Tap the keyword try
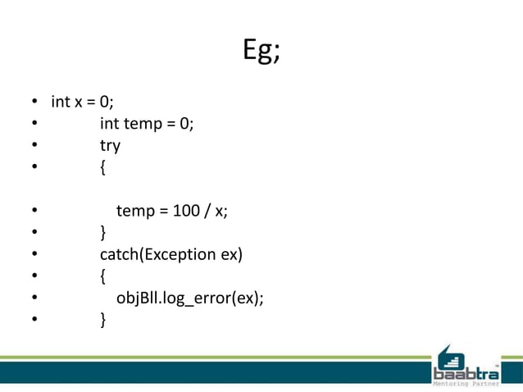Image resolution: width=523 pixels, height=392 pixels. point(110,146)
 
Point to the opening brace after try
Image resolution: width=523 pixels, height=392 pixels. point(102,167)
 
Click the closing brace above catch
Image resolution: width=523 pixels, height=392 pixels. point(102,232)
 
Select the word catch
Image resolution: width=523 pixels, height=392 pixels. point(120,254)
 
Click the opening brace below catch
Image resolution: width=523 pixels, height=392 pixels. point(102,276)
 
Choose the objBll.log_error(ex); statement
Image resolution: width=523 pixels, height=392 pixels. point(189,298)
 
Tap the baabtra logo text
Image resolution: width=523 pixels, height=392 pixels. point(466,367)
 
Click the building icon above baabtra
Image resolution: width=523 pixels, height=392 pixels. point(449,353)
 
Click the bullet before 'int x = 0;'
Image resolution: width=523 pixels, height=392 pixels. point(35,103)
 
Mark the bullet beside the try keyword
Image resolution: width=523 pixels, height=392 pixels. point(35,146)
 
